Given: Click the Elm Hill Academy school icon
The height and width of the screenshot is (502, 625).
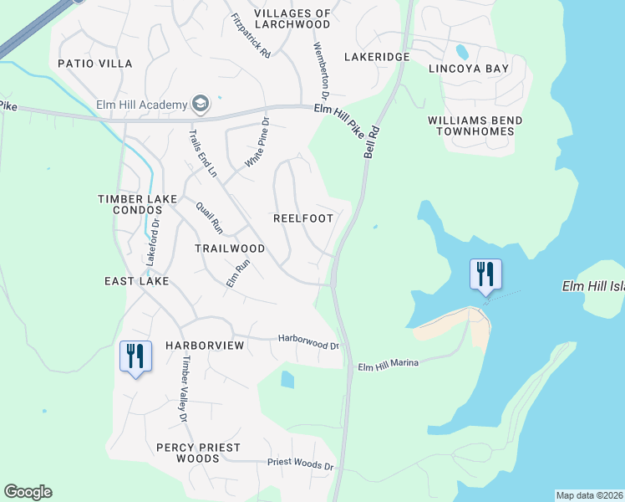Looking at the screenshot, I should click(200, 104).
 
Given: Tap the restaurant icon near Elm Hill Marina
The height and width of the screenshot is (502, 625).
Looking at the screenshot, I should click(485, 274).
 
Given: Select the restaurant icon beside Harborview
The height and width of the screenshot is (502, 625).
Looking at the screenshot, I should click(135, 356).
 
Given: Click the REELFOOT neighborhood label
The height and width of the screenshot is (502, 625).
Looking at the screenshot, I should click(303, 218).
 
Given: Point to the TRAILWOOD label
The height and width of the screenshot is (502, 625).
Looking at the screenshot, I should click(230, 248).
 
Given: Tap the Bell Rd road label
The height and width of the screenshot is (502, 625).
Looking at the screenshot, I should click(372, 142).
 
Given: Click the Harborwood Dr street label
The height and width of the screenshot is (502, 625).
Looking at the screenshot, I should click(308, 341).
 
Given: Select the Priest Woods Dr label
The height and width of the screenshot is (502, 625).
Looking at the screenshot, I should click(300, 463).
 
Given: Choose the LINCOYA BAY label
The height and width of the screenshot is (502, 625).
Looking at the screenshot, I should click(467, 68).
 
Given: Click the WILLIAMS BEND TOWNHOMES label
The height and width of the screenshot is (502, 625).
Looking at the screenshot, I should click(475, 126).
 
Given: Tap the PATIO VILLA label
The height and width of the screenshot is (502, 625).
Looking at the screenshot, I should click(95, 64).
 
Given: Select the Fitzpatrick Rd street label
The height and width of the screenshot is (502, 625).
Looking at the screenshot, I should click(252, 36).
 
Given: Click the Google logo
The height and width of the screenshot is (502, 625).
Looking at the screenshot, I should click(28, 492).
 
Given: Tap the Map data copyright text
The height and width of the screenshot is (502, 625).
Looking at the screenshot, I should click(589, 495).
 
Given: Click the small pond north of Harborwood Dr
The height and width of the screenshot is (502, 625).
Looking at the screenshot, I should click(287, 380).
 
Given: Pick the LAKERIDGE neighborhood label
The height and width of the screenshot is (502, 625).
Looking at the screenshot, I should click(377, 57).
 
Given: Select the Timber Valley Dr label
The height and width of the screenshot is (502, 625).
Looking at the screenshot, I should click(181, 389).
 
